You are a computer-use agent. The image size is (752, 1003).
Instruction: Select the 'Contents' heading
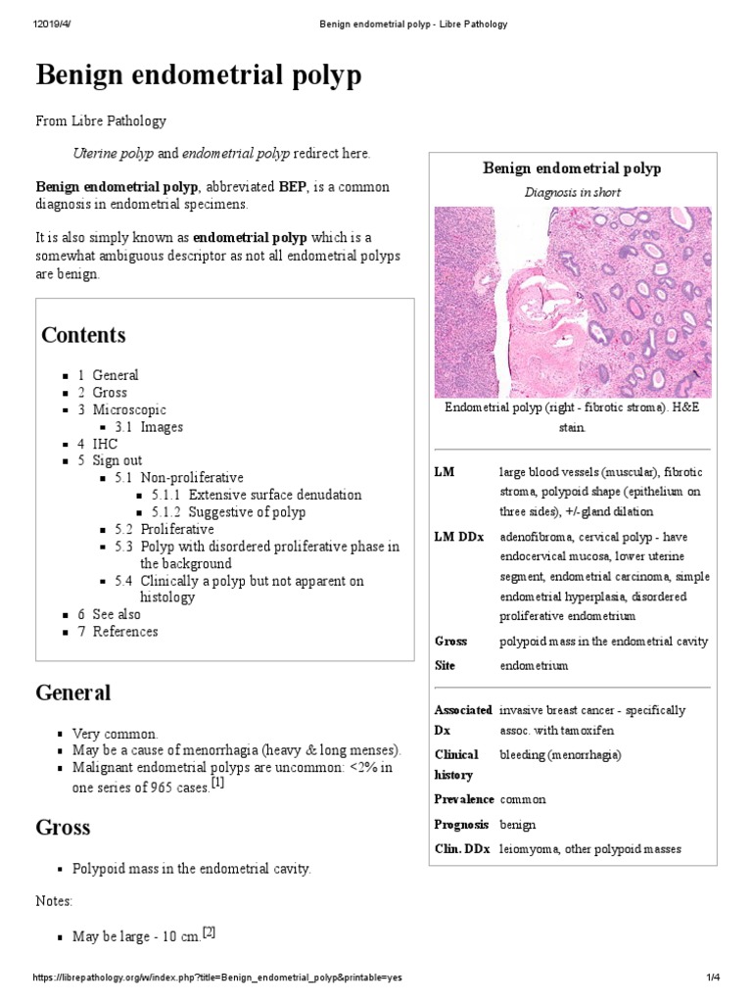(83, 335)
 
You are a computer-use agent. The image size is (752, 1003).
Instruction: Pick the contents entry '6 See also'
(110, 614)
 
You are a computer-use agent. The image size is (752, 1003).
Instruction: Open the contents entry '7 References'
(117, 632)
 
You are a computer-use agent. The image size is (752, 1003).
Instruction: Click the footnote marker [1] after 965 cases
(218, 783)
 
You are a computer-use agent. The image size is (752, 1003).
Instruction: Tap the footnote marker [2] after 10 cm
(208, 931)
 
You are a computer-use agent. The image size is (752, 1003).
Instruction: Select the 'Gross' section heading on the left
(63, 827)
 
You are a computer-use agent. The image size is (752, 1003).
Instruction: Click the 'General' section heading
(73, 693)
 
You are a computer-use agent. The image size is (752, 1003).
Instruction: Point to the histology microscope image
(572, 302)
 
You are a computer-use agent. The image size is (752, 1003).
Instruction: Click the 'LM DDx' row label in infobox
(457, 537)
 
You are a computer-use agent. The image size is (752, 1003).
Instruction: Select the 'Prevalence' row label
(464, 799)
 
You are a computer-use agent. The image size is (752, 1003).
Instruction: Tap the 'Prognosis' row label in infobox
(463, 824)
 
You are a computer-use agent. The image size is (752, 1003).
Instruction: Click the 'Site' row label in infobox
(446, 665)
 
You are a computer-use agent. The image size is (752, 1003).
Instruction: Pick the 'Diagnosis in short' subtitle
(572, 192)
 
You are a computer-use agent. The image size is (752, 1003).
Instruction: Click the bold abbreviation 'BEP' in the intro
(266, 186)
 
